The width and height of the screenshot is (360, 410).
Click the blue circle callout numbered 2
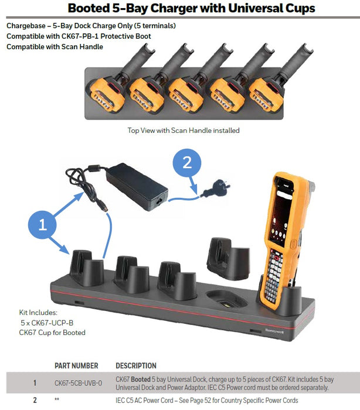(x=187, y=163)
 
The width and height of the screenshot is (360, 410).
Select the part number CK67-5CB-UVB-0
(x=78, y=383)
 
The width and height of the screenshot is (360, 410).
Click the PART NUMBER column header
(x=76, y=365)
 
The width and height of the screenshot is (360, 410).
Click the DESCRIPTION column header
(x=136, y=365)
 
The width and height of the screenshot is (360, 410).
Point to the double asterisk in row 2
(x=57, y=401)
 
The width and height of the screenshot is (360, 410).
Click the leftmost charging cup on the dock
(x=86, y=271)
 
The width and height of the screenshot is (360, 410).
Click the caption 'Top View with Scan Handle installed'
(x=184, y=130)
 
